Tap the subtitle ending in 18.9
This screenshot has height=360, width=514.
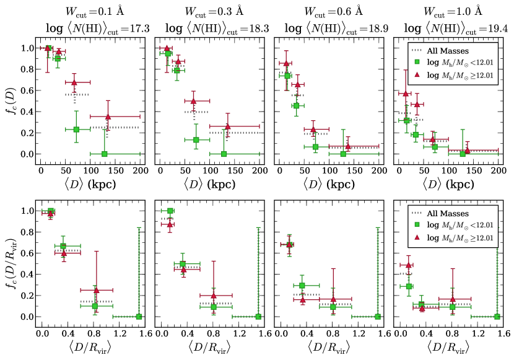[x=326, y=28]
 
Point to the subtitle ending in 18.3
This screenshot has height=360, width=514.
[x=206, y=28]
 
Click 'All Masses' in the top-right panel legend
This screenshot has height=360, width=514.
[x=454, y=51]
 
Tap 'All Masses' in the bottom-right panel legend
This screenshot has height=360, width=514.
[x=454, y=213]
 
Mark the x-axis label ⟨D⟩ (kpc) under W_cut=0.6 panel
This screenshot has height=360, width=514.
[x=326, y=184]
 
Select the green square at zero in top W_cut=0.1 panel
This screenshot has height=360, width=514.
[x=104, y=154]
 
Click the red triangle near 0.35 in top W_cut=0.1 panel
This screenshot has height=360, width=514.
[x=108, y=116]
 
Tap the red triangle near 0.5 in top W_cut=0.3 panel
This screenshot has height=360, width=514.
[x=193, y=101]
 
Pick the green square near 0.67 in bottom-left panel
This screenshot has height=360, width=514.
[x=63, y=246]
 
